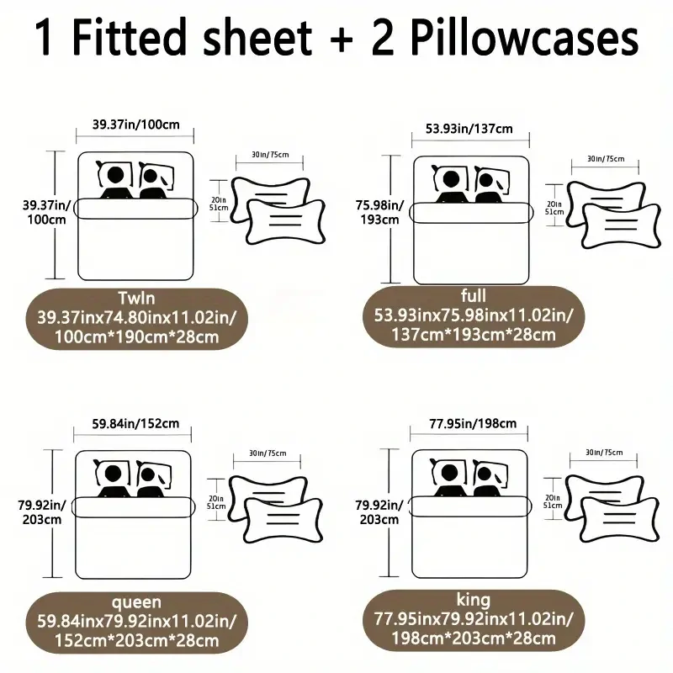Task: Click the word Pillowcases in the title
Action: point(524,37)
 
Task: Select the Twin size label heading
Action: point(136,298)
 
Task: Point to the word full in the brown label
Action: point(474,295)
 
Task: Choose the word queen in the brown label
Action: point(136,602)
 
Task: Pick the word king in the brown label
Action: point(474,599)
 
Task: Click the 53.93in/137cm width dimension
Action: point(469,129)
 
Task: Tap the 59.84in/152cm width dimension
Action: point(135,424)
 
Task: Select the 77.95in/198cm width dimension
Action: point(473,424)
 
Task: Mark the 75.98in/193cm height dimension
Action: point(379,213)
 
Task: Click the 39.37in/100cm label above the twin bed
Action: point(136,125)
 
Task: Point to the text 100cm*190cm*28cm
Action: point(136,337)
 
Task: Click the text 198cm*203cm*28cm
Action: point(474,639)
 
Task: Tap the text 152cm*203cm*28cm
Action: point(136,640)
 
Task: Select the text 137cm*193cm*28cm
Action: point(474,334)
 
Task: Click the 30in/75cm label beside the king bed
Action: point(604,453)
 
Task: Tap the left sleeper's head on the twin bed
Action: point(115,175)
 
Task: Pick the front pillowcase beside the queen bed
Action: point(284,520)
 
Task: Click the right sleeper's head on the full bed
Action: point(486,180)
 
